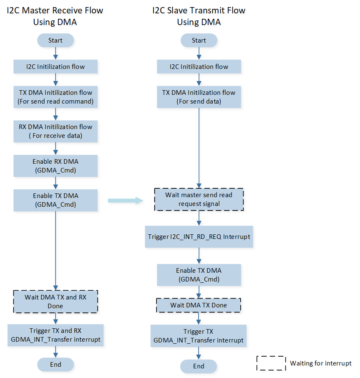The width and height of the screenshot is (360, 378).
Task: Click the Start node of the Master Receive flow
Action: coord(55,41)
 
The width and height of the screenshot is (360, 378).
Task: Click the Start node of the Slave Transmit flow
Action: coord(199,41)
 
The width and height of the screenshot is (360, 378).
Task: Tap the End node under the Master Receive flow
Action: coord(55,364)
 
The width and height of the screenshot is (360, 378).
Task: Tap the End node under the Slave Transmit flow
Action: coord(199,366)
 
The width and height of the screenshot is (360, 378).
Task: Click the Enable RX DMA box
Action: coord(55,166)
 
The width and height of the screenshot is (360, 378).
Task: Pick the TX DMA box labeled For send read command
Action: coord(55,97)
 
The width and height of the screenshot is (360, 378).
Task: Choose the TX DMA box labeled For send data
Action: coord(199,97)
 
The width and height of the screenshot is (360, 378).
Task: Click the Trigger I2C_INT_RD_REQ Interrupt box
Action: coord(199,236)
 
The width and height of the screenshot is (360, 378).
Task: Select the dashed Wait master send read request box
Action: coord(199,199)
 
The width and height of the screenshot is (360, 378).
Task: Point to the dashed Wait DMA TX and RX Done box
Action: coord(55,302)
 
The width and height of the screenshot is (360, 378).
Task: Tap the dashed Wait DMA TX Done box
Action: coord(199,305)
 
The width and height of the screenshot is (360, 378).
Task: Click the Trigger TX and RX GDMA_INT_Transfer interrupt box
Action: coord(55,335)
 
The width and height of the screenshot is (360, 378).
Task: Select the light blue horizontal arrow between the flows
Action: coord(125,201)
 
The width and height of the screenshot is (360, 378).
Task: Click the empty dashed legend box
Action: coord(271,363)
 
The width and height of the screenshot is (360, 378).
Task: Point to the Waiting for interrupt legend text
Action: coord(320,363)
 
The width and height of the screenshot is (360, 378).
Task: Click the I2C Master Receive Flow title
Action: coord(55,16)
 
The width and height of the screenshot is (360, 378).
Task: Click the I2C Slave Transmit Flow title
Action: coord(199,16)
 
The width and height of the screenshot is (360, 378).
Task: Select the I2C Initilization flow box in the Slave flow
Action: coord(199,66)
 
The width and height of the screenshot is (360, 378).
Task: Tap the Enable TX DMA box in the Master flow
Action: coord(55,200)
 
